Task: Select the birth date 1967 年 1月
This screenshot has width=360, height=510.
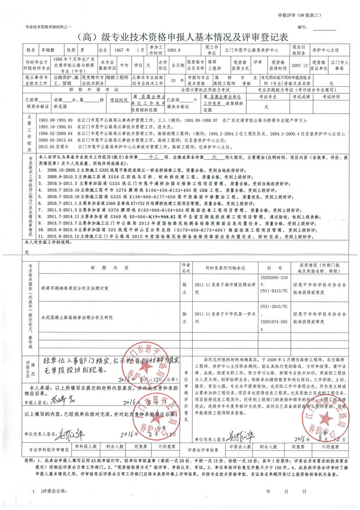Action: pos(129,50)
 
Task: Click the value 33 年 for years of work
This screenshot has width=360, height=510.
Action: pos(174,80)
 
